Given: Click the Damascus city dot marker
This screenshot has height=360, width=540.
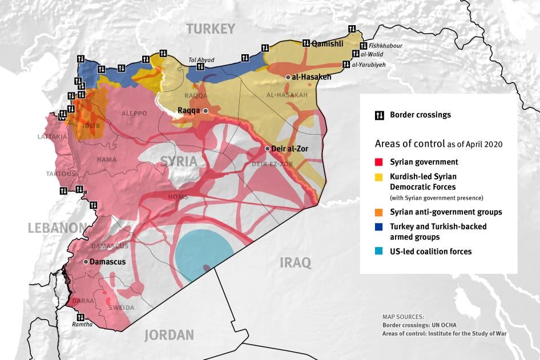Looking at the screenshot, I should [x=86, y=262].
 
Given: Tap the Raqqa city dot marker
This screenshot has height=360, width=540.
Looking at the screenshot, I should [x=205, y=111].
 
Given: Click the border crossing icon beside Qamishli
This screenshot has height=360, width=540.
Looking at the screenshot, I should [x=306, y=42].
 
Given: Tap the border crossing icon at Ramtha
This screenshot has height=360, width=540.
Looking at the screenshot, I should [x=80, y=317].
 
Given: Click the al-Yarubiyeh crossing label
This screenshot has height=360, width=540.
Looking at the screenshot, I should [x=369, y=65].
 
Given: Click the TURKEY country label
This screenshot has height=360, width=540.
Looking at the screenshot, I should [x=211, y=29].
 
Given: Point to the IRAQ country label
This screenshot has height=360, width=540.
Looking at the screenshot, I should [x=295, y=262].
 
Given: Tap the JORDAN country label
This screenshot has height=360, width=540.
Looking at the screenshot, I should [x=169, y=335].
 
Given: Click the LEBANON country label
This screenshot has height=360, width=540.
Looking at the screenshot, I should [x=57, y=228].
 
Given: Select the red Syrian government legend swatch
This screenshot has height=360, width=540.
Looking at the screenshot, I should [x=379, y=162].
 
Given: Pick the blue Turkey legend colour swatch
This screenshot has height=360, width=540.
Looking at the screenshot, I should [x=379, y=226].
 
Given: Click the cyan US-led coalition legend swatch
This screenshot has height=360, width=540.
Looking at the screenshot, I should [x=379, y=251].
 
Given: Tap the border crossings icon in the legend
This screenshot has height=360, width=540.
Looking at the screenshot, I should [x=379, y=115].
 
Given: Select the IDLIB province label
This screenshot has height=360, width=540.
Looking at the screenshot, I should [x=91, y=125].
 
